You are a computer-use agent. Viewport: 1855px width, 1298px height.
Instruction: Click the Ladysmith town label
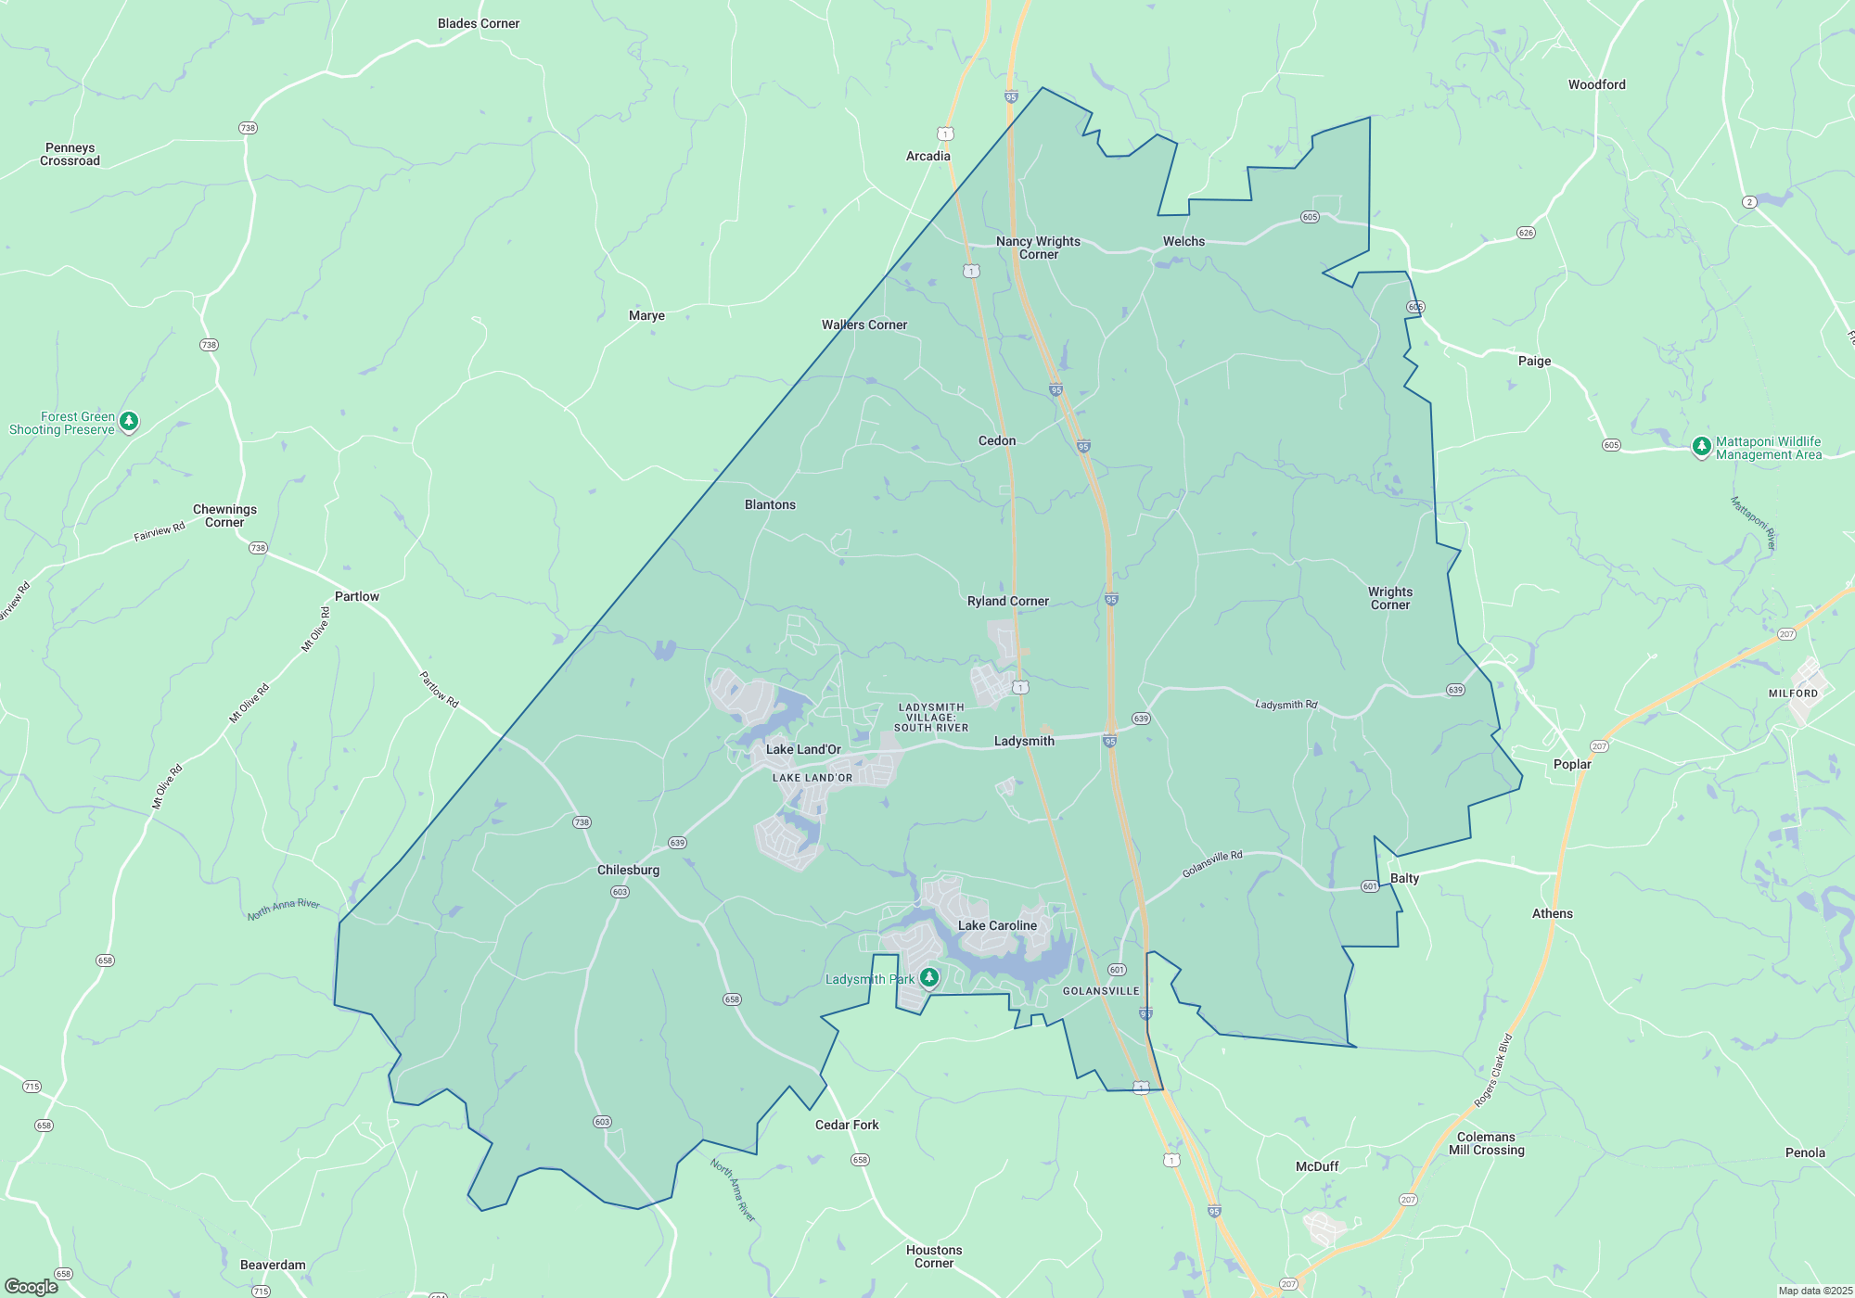pyautogui.click(x=1024, y=741)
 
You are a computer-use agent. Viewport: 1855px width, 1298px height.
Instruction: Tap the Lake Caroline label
pyautogui.click(x=997, y=925)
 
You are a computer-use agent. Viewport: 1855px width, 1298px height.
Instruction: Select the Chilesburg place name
pyautogui.click(x=628, y=870)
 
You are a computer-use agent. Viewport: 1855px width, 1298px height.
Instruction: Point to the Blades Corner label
pyautogui.click(x=479, y=23)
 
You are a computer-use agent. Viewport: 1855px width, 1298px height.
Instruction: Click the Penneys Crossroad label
pyautogui.click(x=70, y=154)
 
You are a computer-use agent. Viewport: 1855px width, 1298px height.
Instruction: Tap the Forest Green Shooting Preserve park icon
pyautogui.click(x=129, y=422)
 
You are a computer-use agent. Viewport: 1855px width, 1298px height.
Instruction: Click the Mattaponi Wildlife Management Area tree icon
pyautogui.click(x=1701, y=447)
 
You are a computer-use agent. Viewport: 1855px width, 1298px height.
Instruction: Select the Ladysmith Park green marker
pyautogui.click(x=928, y=977)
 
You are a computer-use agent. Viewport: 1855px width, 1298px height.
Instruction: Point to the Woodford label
pyautogui.click(x=1596, y=84)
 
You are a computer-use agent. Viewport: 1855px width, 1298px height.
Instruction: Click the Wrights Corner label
pyautogui.click(x=1389, y=598)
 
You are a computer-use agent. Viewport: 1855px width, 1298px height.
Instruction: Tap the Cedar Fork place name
pyautogui.click(x=847, y=1125)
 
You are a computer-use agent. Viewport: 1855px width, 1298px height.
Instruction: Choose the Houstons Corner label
pyautogui.click(x=934, y=1256)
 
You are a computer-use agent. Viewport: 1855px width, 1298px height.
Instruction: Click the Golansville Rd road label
pyautogui.click(x=1211, y=864)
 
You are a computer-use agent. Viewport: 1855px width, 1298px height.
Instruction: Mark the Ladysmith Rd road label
pyautogui.click(x=1286, y=705)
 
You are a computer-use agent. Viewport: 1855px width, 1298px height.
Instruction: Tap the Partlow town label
pyautogui.click(x=357, y=596)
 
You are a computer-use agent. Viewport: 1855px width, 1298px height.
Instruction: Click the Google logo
pyautogui.click(x=32, y=1287)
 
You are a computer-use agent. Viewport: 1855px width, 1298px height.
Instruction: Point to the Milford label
pyautogui.click(x=1793, y=694)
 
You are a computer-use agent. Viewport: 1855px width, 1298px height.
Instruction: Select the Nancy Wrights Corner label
pyautogui.click(x=1038, y=248)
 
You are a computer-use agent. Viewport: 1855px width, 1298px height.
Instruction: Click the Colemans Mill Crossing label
pyautogui.click(x=1486, y=1143)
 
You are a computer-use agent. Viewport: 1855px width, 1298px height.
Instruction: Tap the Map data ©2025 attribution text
pyautogui.click(x=1815, y=1291)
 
